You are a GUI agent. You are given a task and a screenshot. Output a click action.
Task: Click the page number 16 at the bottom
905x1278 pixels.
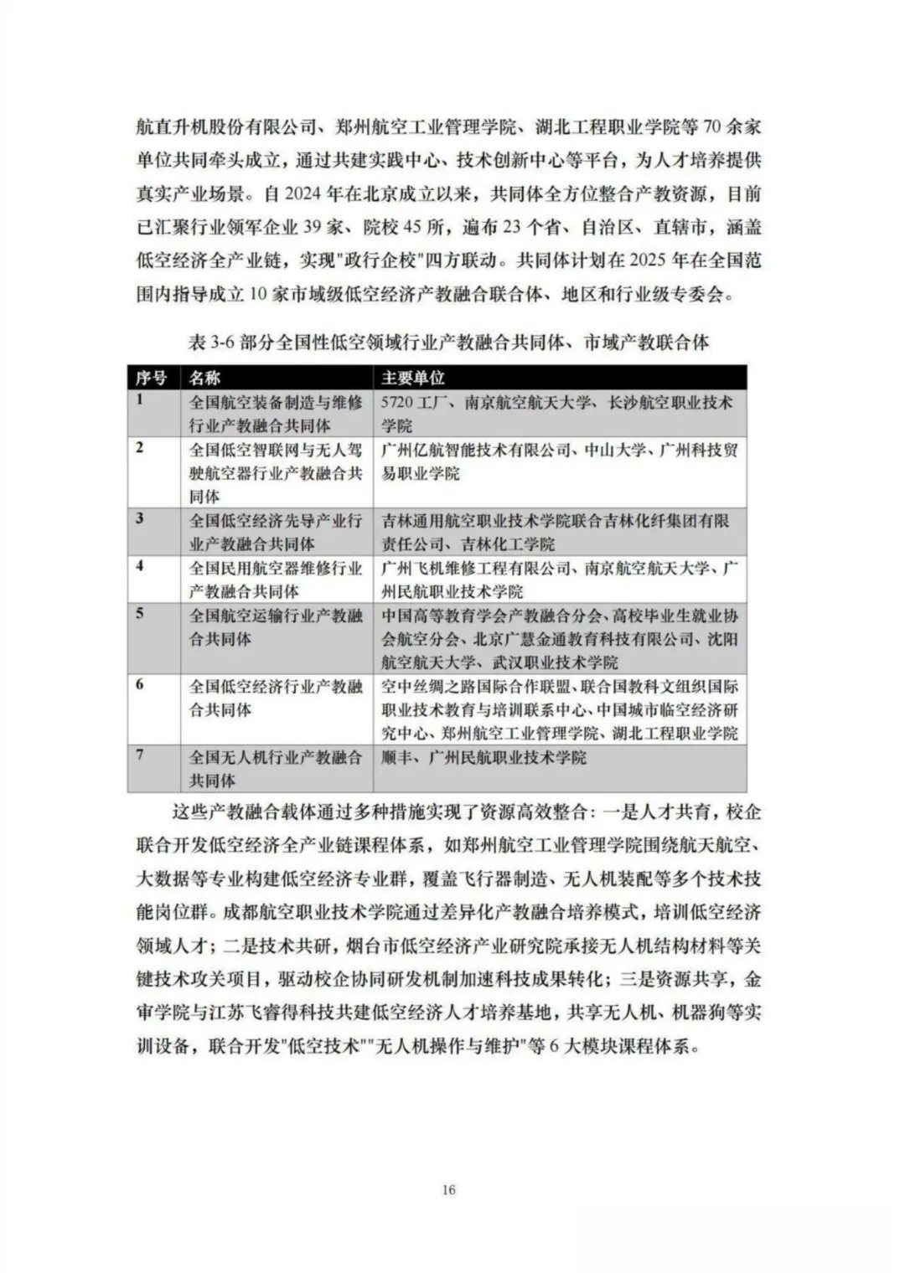click(x=448, y=1190)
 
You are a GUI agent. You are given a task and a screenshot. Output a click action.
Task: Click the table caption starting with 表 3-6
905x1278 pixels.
click(x=449, y=343)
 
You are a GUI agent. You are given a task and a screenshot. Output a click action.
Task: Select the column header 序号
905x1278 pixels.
click(x=151, y=378)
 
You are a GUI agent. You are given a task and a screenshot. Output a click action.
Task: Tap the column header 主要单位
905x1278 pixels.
click(x=413, y=378)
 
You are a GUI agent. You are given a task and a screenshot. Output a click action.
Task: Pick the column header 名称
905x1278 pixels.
click(x=204, y=378)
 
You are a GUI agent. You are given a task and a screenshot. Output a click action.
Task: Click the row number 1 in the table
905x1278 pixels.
click(x=139, y=400)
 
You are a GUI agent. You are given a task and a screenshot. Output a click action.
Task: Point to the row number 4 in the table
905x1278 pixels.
click(x=139, y=566)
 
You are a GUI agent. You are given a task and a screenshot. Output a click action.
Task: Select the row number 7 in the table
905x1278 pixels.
click(x=139, y=755)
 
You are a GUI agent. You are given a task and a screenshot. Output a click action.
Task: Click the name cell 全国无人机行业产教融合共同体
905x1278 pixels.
click(x=275, y=768)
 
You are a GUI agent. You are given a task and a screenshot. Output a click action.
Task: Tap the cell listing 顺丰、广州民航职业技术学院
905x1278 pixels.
click(x=484, y=758)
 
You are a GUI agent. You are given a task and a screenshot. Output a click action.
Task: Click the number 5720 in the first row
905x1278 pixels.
click(x=398, y=403)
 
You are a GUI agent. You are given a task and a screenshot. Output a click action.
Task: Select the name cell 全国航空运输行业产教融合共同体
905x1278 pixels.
click(x=275, y=627)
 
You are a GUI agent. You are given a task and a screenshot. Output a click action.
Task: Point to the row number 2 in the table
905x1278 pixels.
click(x=139, y=448)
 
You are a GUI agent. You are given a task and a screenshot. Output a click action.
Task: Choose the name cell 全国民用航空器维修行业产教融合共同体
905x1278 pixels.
click(x=275, y=579)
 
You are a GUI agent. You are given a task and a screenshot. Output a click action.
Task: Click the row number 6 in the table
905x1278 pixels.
click(x=139, y=685)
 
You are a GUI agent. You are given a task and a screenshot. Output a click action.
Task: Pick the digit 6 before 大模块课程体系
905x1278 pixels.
click(x=555, y=1047)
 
